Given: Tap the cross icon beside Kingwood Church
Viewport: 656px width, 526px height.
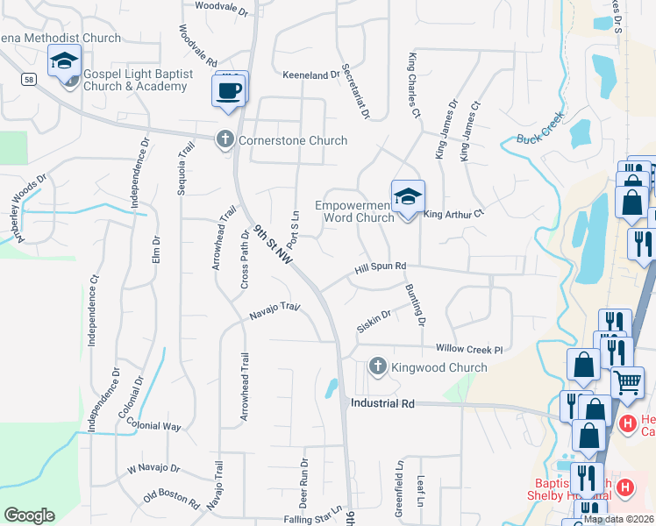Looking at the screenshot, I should [378, 366].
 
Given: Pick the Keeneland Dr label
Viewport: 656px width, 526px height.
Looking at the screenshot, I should [310, 75].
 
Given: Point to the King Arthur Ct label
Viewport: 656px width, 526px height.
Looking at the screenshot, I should [453, 213].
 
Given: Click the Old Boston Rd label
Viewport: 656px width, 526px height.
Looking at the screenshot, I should [171, 498].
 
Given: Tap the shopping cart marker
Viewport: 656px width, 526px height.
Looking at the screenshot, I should [627, 381].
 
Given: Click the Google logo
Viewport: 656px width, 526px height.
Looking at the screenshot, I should [29, 515].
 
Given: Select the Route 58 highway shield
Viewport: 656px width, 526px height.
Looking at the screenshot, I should [29, 79].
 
